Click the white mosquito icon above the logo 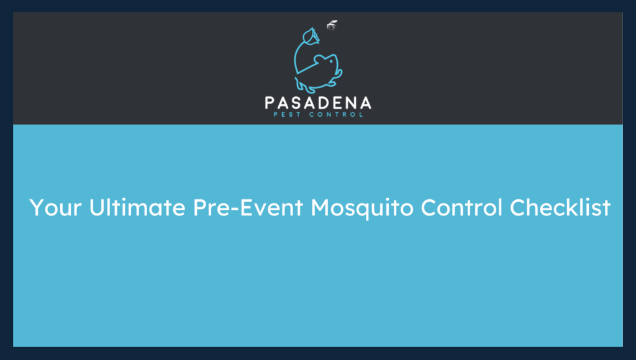(332, 25)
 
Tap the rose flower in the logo (310, 38)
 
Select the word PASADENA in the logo (317, 103)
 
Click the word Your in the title (56, 208)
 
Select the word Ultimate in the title (137, 208)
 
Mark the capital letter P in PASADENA (271, 103)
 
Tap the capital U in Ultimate (97, 208)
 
